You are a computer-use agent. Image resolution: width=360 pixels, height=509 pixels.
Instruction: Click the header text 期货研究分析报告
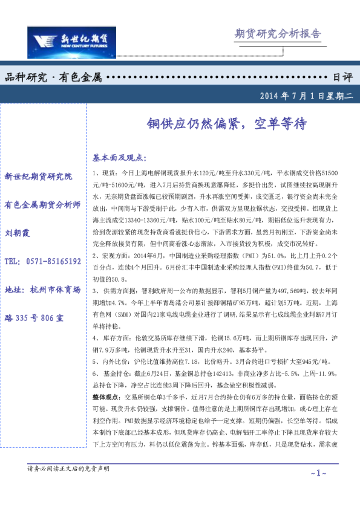tap(277, 34)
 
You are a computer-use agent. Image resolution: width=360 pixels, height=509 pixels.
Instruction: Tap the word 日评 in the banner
tap(342, 77)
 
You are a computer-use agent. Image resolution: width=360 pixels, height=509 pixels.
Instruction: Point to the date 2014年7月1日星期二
tap(306, 96)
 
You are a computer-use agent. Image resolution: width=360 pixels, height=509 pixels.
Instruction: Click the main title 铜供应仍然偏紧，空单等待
tap(227, 123)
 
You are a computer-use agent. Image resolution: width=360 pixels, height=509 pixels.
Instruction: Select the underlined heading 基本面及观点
tap(119, 158)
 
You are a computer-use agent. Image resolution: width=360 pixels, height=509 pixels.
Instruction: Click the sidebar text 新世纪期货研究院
tap(38, 177)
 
